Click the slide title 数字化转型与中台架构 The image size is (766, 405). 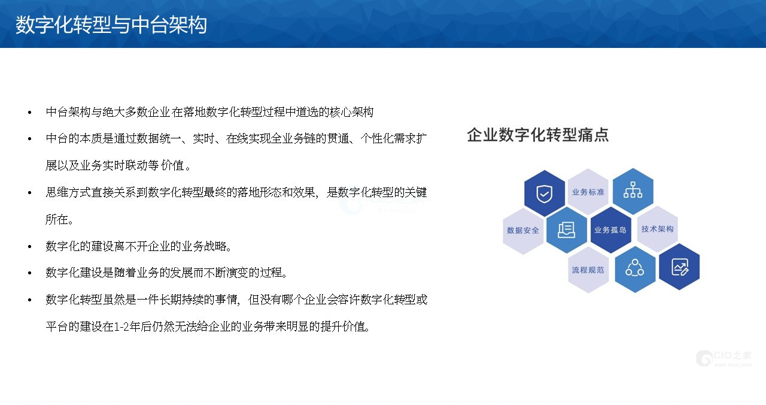[111, 25]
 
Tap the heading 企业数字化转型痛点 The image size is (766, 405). [538, 135]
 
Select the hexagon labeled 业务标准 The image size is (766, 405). [588, 192]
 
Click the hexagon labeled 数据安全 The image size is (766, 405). [523, 230]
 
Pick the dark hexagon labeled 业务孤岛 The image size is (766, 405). [611, 229]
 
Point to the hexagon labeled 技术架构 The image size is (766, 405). [657, 229]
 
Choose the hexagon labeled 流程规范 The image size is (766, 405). [588, 270]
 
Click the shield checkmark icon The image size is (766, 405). [545, 194]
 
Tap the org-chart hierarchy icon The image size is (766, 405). [633, 190]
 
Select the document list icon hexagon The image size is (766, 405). [567, 229]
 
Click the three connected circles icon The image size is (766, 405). [635, 268]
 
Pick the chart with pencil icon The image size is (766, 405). [680, 267]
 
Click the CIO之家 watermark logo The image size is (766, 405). [724, 358]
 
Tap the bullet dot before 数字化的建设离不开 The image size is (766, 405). [30, 246]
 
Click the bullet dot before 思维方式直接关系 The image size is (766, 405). [30, 193]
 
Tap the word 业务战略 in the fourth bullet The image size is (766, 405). [204, 246]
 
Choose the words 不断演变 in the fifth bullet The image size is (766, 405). [226, 273]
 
